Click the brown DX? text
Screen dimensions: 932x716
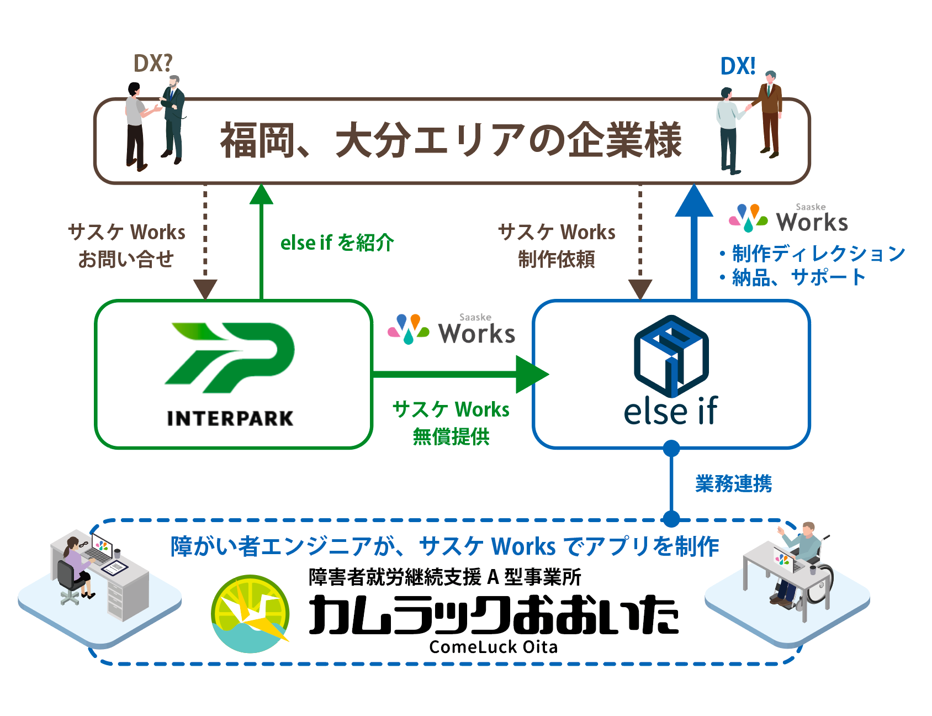[x=153, y=64]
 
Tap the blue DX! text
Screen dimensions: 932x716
[x=738, y=66]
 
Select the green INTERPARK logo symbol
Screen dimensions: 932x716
[x=230, y=357]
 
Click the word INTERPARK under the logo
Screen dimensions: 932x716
[x=230, y=418]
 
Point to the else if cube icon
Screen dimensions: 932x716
[x=671, y=356]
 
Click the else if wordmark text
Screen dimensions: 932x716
[x=671, y=411]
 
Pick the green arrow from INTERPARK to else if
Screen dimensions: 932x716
[x=461, y=375]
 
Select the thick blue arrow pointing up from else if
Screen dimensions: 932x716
[x=694, y=242]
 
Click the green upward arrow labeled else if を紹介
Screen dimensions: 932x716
[x=262, y=242]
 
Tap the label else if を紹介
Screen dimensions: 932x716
[x=337, y=243]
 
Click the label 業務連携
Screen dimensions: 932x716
[x=733, y=483]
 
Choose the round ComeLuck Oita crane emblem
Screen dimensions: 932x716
[x=251, y=614]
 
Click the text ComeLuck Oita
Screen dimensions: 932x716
[x=494, y=647]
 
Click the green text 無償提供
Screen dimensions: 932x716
[x=451, y=436]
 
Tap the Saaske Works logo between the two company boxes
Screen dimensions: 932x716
[x=452, y=329]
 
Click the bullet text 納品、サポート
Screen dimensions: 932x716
[x=793, y=277]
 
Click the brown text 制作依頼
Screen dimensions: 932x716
[x=557, y=259]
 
